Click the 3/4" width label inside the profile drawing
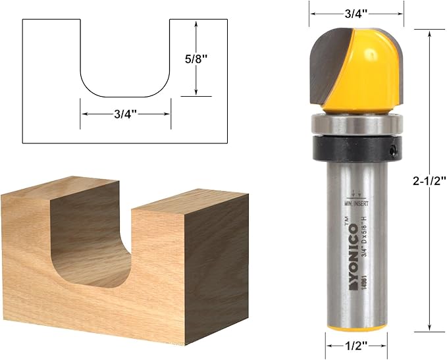[125, 114]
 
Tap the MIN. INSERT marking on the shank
[356, 203]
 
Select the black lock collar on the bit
[355, 148]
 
